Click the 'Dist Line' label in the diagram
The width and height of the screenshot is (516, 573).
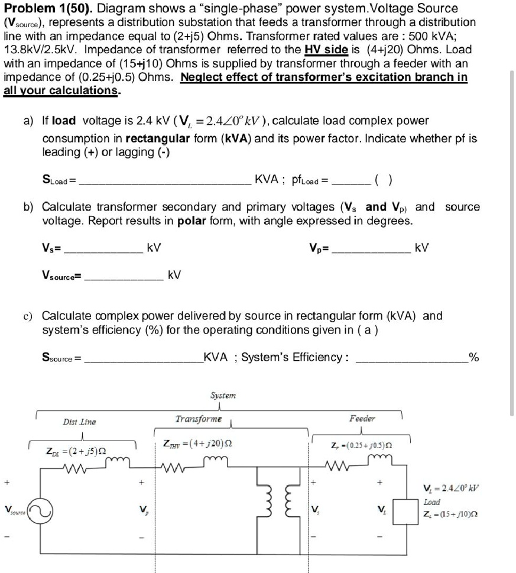[x=79, y=422]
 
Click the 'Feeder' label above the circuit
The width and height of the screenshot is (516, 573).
[x=362, y=418]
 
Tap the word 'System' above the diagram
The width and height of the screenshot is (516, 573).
[x=222, y=394]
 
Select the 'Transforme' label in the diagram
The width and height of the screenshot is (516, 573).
[x=199, y=419]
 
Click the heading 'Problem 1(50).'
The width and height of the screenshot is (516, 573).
[x=47, y=9]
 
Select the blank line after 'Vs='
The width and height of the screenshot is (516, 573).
[x=104, y=252]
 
